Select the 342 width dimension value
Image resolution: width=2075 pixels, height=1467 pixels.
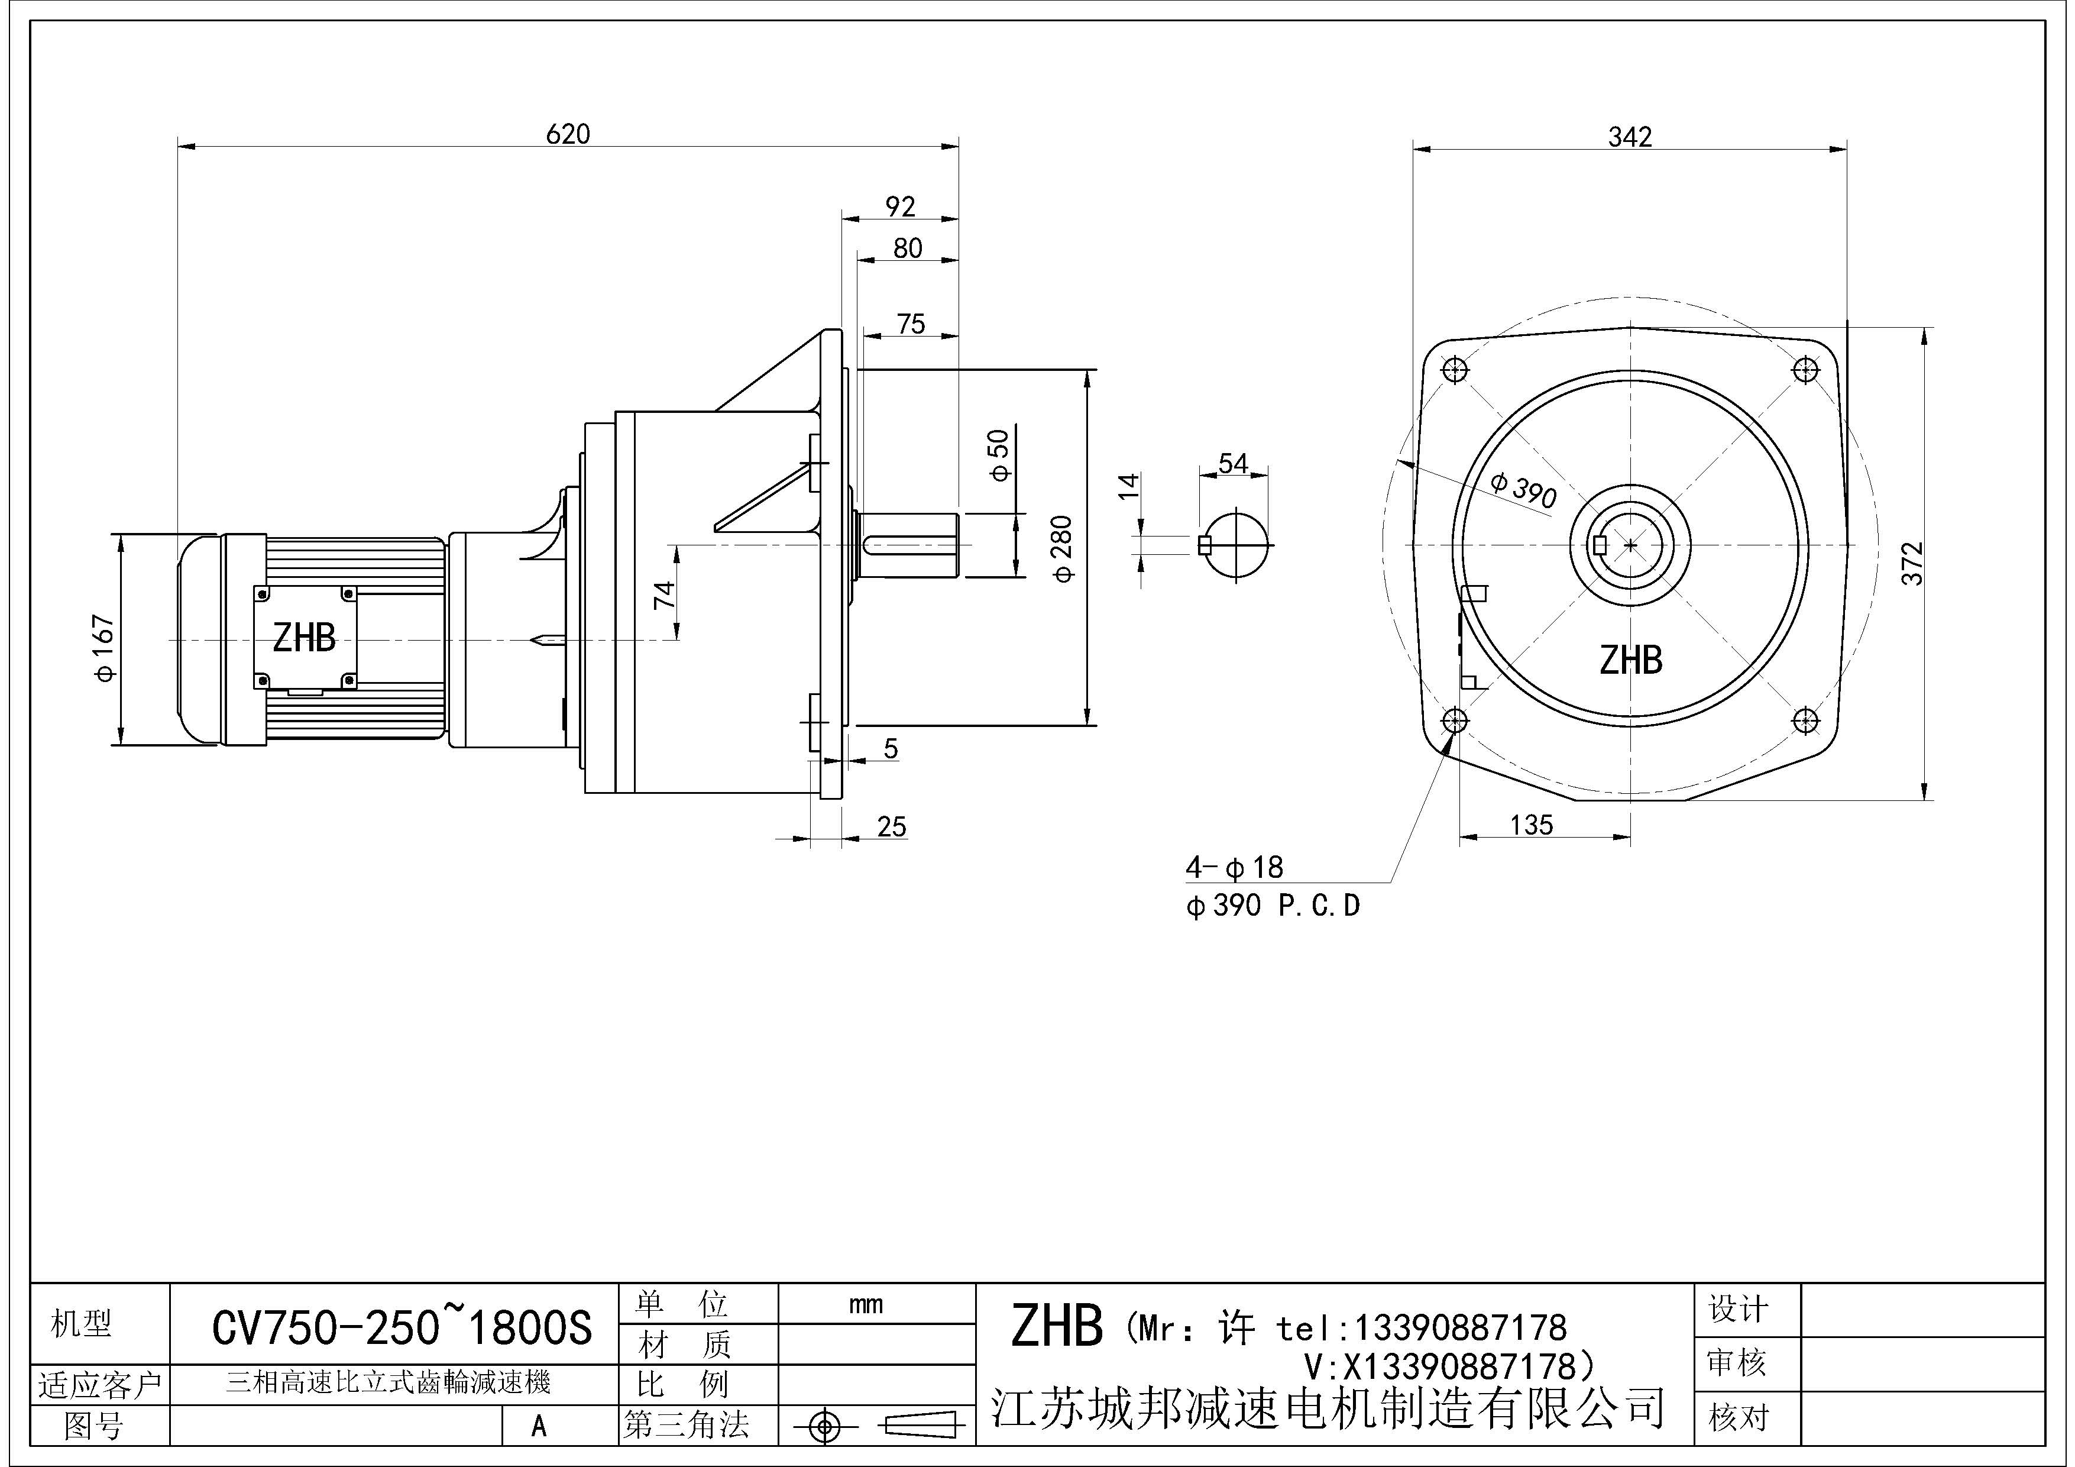click(x=1630, y=137)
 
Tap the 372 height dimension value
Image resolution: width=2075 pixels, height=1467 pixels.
click(x=1912, y=563)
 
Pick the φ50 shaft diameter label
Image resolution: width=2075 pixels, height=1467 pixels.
click(x=999, y=455)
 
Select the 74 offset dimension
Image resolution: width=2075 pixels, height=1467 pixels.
click(x=664, y=594)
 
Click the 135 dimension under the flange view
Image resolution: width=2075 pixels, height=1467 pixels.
click(x=1531, y=825)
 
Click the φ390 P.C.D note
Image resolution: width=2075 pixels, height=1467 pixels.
click(x=1273, y=906)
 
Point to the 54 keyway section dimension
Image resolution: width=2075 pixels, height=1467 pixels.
click(x=1233, y=464)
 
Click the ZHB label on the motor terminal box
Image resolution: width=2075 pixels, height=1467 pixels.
click(x=305, y=638)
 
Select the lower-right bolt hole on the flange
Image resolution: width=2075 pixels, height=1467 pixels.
click(x=1805, y=720)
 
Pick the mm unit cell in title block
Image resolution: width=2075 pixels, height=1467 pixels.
click(x=866, y=1304)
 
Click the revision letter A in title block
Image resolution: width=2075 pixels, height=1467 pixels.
click(x=539, y=1426)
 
